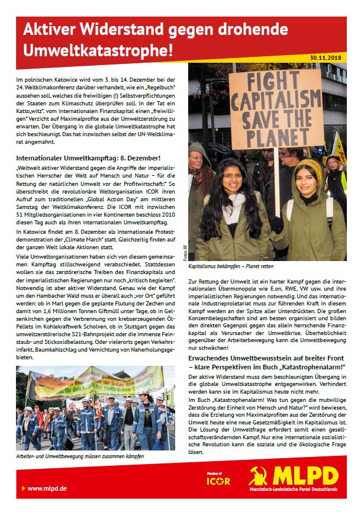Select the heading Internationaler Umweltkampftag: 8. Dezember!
click(88, 157)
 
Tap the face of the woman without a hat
click(237, 182)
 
